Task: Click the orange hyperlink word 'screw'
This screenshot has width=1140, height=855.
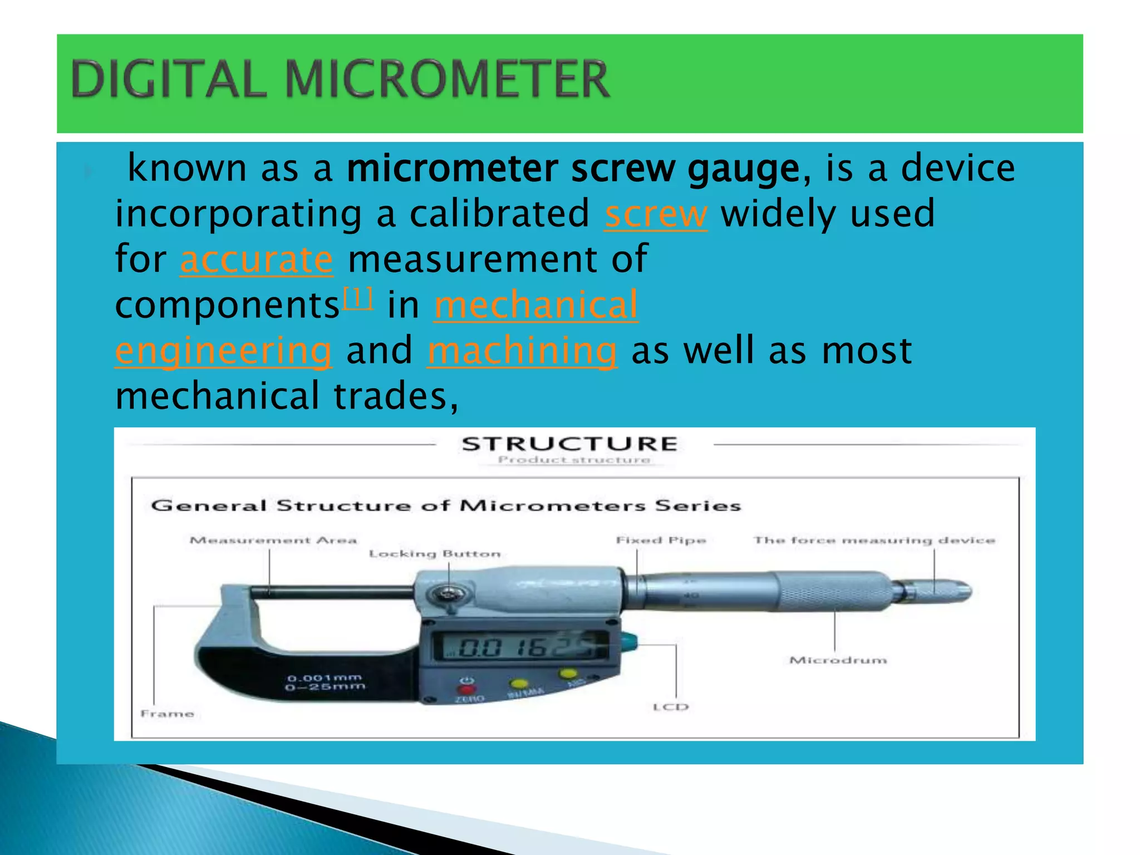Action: pos(656,215)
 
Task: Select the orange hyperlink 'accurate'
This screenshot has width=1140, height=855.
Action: pos(257,260)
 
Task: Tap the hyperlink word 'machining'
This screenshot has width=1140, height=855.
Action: pos(522,351)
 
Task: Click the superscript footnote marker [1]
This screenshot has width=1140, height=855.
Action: pos(358,298)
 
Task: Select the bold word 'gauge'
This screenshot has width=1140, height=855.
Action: pos(744,169)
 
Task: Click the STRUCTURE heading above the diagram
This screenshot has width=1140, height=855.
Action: pos(569,444)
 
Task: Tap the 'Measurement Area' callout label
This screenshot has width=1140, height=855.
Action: pos(273,540)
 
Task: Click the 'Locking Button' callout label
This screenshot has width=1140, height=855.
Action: pos(435,554)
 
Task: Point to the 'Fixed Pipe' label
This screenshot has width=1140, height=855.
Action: pos(661,540)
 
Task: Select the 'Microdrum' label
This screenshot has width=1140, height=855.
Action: pos(838,660)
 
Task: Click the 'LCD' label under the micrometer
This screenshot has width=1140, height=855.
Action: pos(671,707)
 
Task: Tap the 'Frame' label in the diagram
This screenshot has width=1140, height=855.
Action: pos(167,714)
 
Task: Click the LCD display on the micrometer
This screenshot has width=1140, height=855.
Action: pos(523,647)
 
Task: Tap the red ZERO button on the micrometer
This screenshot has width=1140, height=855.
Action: pos(467,690)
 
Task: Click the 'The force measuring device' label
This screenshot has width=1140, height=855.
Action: pos(874,540)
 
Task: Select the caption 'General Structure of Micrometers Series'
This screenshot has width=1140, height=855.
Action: pos(446,505)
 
